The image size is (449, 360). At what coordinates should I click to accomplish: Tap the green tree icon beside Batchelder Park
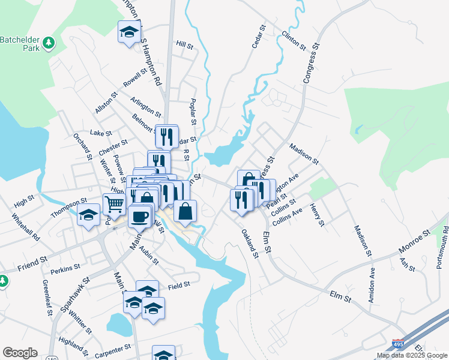tap(49, 43)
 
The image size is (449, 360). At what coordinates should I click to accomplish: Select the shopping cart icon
tap(114, 204)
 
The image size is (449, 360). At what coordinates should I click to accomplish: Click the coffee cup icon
tap(139, 217)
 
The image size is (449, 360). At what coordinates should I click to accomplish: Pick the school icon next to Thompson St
tap(88, 216)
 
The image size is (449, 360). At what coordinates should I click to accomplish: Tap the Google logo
tap(20, 353)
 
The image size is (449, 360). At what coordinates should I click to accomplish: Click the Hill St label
tap(184, 45)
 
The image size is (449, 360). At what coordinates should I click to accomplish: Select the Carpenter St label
tap(112, 349)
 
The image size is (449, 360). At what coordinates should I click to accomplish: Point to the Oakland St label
tap(249, 243)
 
